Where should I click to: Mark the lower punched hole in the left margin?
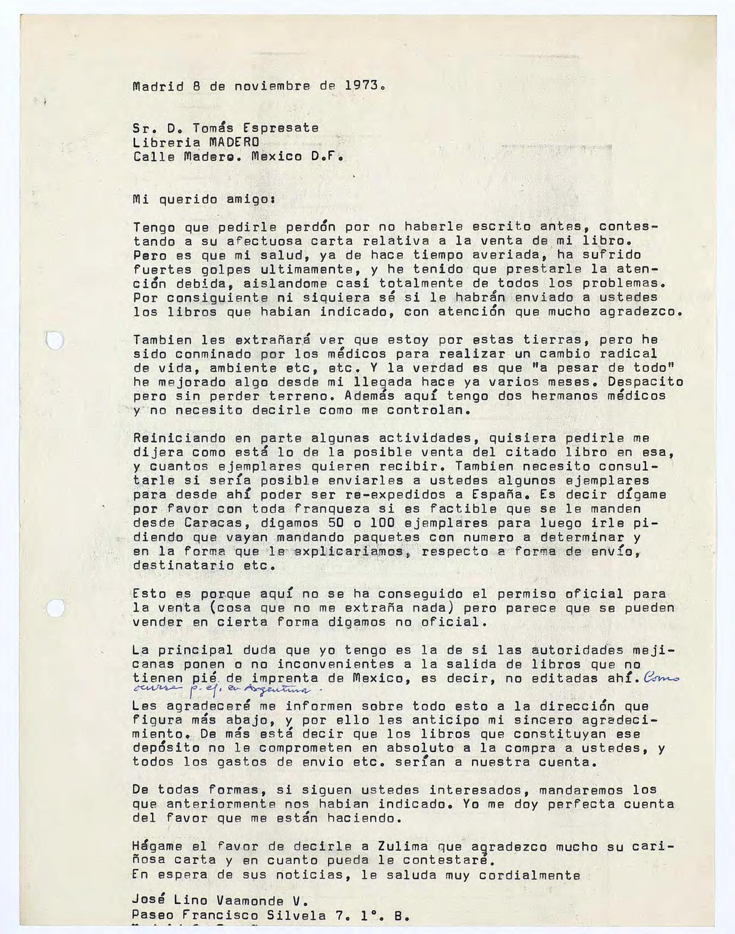pos(55,608)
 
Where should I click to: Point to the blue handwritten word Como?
pos(662,678)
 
